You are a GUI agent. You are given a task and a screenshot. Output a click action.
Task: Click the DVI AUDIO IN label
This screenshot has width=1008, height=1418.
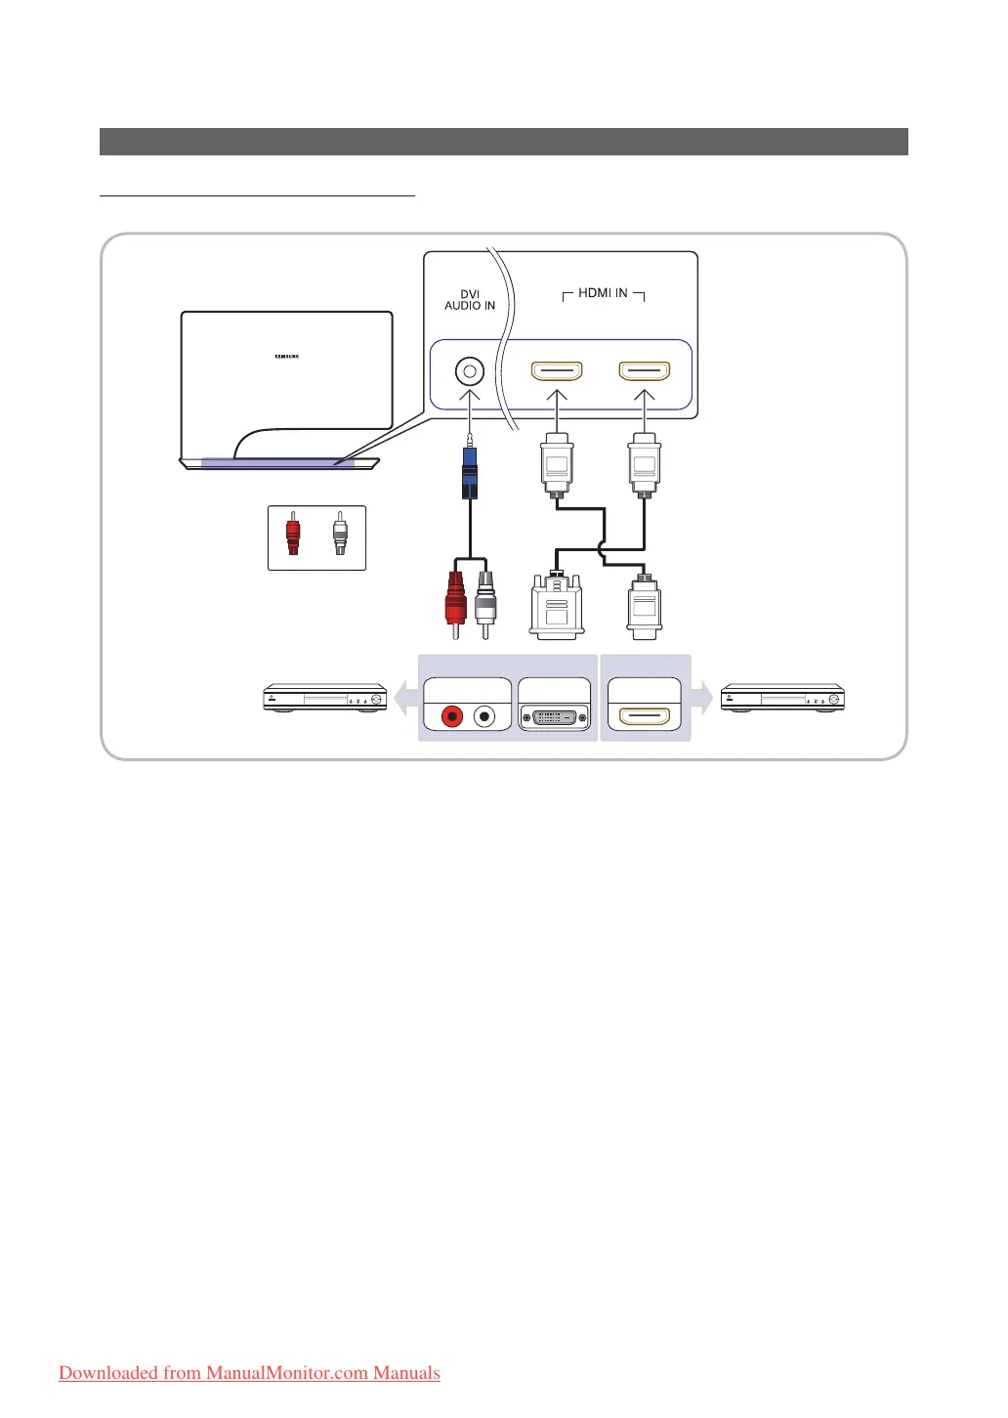[x=470, y=300]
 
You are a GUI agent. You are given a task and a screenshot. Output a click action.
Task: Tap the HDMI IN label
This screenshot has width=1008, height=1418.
[x=603, y=293]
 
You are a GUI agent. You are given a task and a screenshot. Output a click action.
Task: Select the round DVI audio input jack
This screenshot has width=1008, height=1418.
[x=470, y=372]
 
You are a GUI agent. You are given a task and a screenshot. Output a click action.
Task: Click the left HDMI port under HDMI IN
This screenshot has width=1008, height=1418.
[x=557, y=372]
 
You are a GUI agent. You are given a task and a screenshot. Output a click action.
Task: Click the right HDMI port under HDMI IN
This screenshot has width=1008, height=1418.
[x=645, y=372]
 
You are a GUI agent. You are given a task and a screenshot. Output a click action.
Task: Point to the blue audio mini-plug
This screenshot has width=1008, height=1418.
[x=470, y=473]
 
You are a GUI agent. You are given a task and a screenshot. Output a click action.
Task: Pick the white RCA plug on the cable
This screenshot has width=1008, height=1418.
[x=485, y=600]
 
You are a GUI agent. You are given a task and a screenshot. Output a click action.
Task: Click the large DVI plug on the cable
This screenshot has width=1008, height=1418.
[x=556, y=607]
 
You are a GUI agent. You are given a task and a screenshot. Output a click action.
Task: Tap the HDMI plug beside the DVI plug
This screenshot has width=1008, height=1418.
[x=644, y=606]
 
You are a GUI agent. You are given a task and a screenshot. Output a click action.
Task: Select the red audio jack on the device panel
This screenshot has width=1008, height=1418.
[x=452, y=716]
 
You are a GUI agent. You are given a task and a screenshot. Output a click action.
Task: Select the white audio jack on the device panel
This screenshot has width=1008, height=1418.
[x=483, y=716]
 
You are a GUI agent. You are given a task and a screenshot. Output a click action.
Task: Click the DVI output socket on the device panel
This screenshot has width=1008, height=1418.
[x=555, y=716]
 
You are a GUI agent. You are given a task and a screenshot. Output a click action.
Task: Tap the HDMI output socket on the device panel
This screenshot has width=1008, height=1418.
[x=645, y=716]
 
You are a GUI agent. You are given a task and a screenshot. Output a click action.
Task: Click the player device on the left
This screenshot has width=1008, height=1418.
[x=325, y=698]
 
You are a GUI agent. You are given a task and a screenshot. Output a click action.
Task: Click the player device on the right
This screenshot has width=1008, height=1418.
[x=782, y=698]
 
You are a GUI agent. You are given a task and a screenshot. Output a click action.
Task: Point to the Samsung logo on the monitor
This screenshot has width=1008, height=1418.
[x=286, y=357]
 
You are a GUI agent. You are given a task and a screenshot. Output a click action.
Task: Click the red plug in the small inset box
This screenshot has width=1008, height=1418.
[x=293, y=536]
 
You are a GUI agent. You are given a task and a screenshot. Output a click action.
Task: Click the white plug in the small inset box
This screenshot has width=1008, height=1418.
[x=339, y=536]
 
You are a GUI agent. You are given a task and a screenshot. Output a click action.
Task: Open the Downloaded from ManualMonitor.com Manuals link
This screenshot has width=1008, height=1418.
[x=249, y=1373]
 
